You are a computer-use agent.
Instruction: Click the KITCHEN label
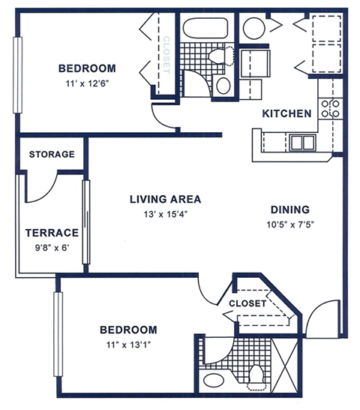286,114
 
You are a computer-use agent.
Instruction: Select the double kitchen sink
302,141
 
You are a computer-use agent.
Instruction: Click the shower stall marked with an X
286,359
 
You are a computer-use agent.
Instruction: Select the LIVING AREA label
165,199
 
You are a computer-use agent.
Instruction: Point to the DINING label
289,210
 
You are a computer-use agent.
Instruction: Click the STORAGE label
52,155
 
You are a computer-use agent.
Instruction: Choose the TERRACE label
52,233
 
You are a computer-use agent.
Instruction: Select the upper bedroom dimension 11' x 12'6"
87,84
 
